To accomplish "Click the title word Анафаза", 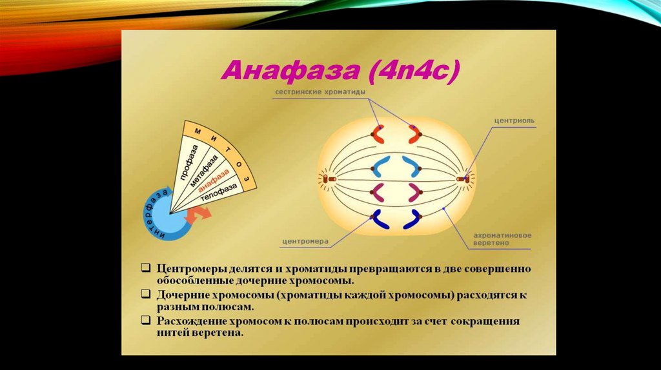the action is coord(290,71).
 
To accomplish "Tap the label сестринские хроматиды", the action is coord(320,92).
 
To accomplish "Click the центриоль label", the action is coord(514,121).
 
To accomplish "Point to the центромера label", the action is coord(305,242).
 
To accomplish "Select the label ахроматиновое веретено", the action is coord(502,239).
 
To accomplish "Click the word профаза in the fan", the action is coord(188,162).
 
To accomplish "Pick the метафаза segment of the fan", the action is coord(204,170).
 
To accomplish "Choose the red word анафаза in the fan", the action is coord(214,180).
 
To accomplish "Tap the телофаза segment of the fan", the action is coord(219,192).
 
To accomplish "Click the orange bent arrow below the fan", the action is coord(198,215).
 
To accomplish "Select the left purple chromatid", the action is coord(376,193).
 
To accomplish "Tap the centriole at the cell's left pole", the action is coord(329,179).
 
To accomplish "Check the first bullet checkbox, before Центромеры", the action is coord(146,268).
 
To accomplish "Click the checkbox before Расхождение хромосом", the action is coord(146,320).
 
